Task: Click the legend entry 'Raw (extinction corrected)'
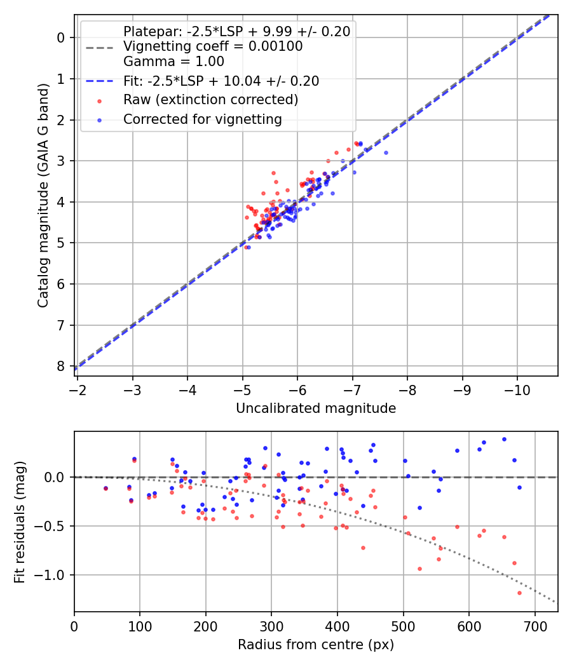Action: point(210,100)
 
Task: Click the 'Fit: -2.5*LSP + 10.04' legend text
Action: point(221,81)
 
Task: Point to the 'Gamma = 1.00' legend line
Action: point(174,62)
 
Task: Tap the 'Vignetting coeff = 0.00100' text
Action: point(213,46)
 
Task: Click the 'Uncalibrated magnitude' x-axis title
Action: point(316,408)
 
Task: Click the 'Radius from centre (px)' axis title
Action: point(316,645)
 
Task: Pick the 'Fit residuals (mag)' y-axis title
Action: point(20,522)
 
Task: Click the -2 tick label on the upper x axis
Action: point(78,387)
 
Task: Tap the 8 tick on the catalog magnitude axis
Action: point(61,366)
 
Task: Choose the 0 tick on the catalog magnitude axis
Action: point(61,37)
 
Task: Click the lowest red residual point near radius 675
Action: point(519,593)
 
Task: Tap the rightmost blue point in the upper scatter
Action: point(386,152)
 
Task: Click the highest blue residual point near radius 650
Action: point(504,439)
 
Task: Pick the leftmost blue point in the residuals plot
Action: point(106,488)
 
